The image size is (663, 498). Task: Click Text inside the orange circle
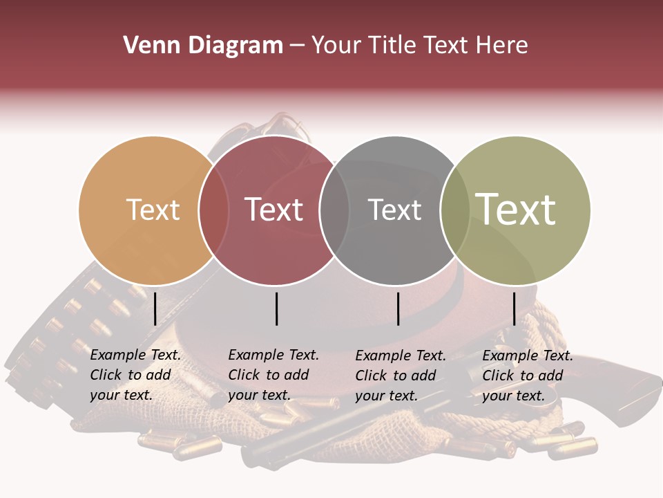click(153, 210)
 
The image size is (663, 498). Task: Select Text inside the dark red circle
click(273, 210)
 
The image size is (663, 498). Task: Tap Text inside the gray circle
click(394, 210)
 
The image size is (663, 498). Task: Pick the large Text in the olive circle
click(516, 210)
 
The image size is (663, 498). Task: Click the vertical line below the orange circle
click(155, 308)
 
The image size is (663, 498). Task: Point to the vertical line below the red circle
click(276, 308)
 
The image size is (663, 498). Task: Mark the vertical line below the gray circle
click(398, 308)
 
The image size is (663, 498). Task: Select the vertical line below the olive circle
click(514, 308)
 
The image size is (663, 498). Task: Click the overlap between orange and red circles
click(214, 210)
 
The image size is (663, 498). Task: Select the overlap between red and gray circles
click(335, 210)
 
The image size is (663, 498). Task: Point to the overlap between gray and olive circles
click(455, 210)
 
